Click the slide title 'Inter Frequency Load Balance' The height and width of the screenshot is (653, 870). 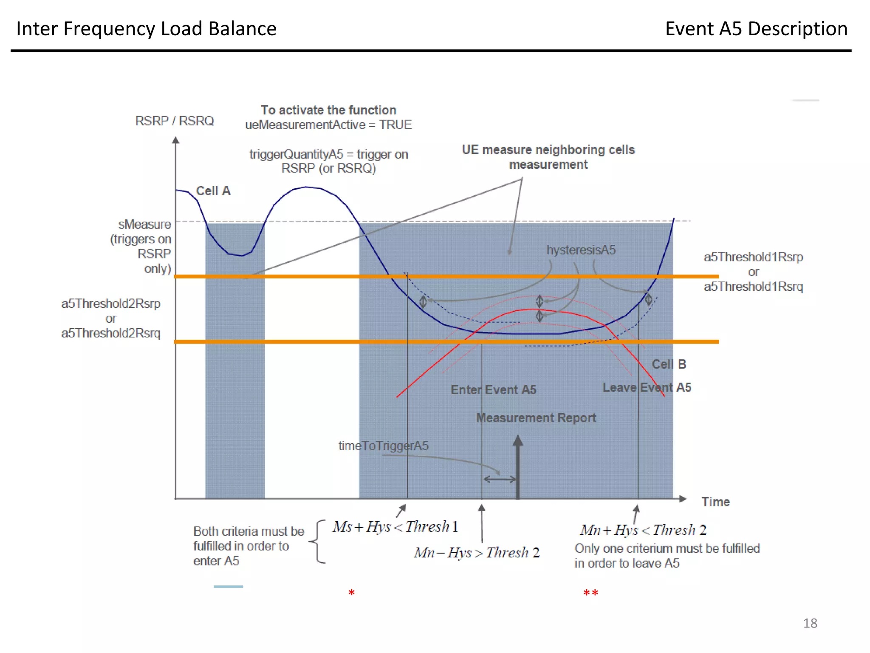tap(146, 29)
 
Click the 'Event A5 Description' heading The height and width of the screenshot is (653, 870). tap(756, 29)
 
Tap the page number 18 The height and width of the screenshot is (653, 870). tap(810, 623)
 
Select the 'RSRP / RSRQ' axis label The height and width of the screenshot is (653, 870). tap(174, 121)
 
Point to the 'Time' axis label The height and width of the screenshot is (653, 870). tap(715, 502)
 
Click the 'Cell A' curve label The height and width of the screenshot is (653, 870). tap(213, 191)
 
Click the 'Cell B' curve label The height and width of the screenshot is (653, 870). tap(669, 364)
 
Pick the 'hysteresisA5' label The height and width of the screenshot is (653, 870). tap(581, 250)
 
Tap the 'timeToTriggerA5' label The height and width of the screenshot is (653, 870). tap(383, 446)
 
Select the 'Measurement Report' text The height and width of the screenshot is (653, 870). tap(536, 418)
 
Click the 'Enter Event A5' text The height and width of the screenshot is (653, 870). tap(493, 390)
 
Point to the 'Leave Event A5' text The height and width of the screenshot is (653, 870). tap(647, 388)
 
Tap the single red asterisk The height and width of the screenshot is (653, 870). tap(351, 593)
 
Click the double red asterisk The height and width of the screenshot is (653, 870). tap(590, 593)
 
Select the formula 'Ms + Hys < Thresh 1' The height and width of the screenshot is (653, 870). tap(395, 527)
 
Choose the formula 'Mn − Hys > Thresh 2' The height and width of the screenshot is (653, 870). tap(477, 553)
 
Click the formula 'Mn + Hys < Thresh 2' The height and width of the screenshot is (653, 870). tap(643, 530)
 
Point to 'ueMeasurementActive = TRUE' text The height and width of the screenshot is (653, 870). tap(328, 125)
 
